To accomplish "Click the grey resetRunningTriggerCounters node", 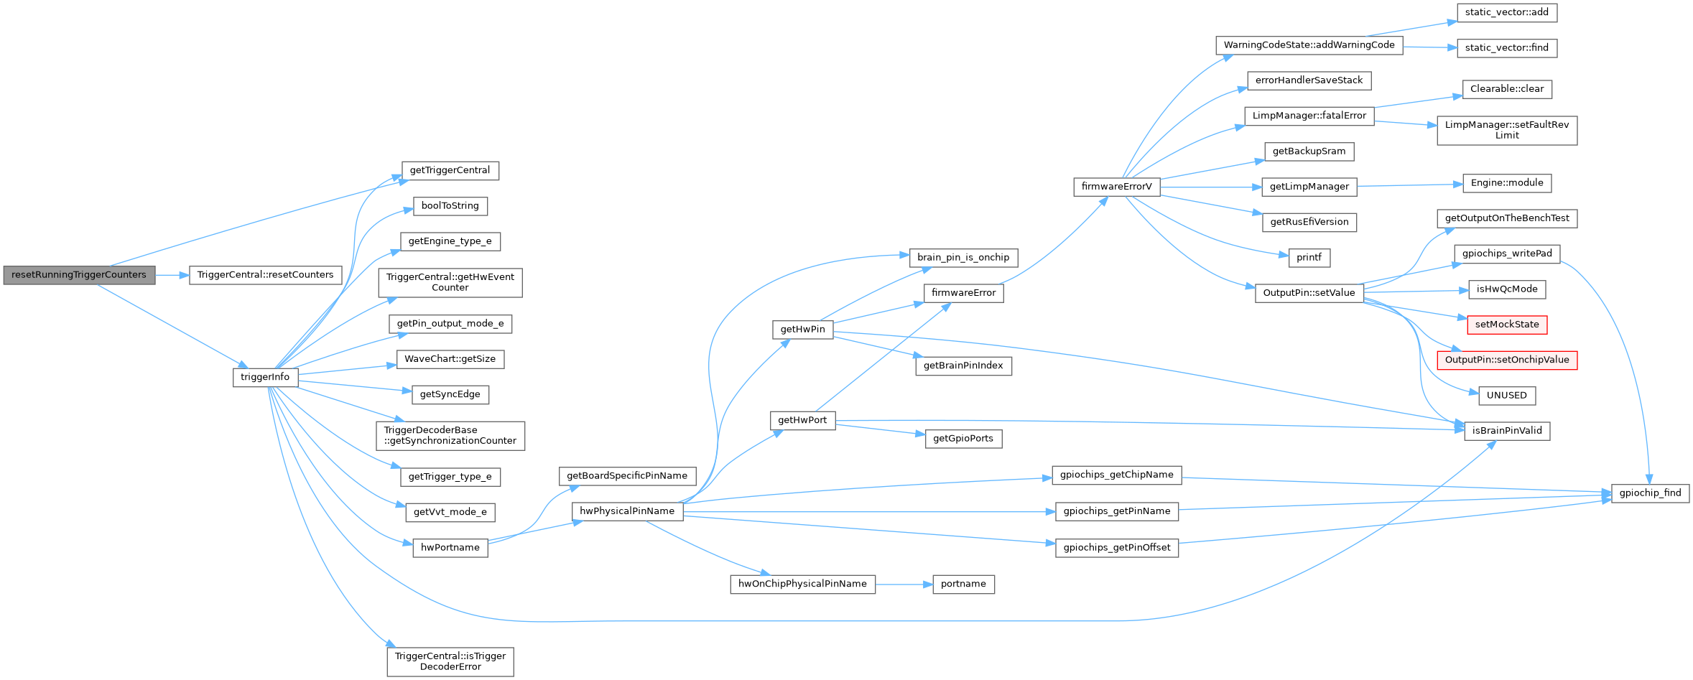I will [x=79, y=275].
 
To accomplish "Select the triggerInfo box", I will [x=265, y=377].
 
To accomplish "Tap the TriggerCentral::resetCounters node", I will [x=265, y=275].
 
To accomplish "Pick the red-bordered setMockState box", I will [x=1506, y=325].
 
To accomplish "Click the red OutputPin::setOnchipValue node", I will [x=1506, y=360].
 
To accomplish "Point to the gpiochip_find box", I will [x=1650, y=493].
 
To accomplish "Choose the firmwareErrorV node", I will [x=1116, y=187].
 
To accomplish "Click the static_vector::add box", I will [x=1506, y=12].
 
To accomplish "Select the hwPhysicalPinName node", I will [x=627, y=511].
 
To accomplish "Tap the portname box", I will [x=963, y=584].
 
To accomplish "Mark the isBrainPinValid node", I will [x=1506, y=431].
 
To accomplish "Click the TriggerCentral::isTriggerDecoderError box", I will [x=450, y=661].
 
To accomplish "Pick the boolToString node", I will [x=450, y=206].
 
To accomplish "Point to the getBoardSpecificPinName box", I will [x=627, y=475].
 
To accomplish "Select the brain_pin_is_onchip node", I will [x=963, y=257].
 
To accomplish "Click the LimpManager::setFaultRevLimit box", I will [x=1506, y=130].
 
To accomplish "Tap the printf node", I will [x=1309, y=257].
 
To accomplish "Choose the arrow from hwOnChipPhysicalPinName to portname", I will [x=904, y=584].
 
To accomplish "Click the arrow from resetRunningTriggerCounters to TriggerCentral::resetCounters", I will [x=172, y=275].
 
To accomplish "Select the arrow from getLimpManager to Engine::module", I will [x=1409, y=185].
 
